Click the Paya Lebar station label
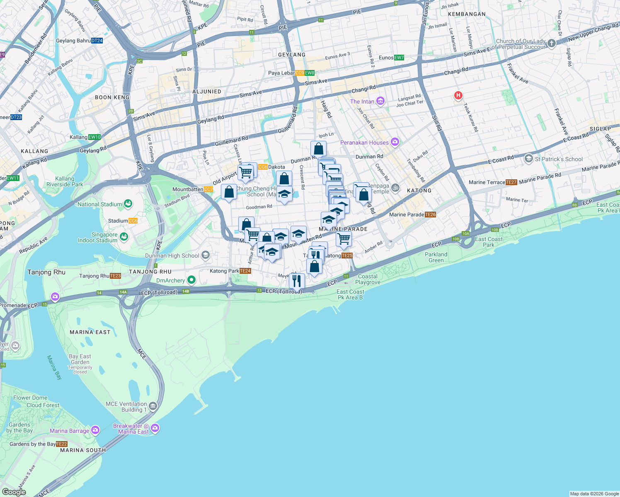[x=281, y=73]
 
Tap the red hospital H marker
[x=458, y=96]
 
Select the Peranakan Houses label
[x=364, y=142]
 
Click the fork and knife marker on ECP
[x=297, y=281]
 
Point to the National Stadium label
[x=100, y=204]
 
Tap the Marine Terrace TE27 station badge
[x=511, y=182]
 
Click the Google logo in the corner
[x=14, y=492]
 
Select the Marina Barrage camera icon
[x=95, y=430]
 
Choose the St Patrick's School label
[x=558, y=159]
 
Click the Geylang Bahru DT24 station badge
[x=97, y=41]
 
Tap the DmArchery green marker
[x=191, y=280]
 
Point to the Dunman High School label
[x=172, y=256]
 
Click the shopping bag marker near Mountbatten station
[x=229, y=192]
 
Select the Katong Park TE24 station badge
[x=245, y=271]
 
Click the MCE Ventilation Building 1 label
[x=126, y=407]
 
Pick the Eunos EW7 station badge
[x=399, y=58]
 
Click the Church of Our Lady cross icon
[x=551, y=43]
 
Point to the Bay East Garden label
[x=80, y=359]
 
